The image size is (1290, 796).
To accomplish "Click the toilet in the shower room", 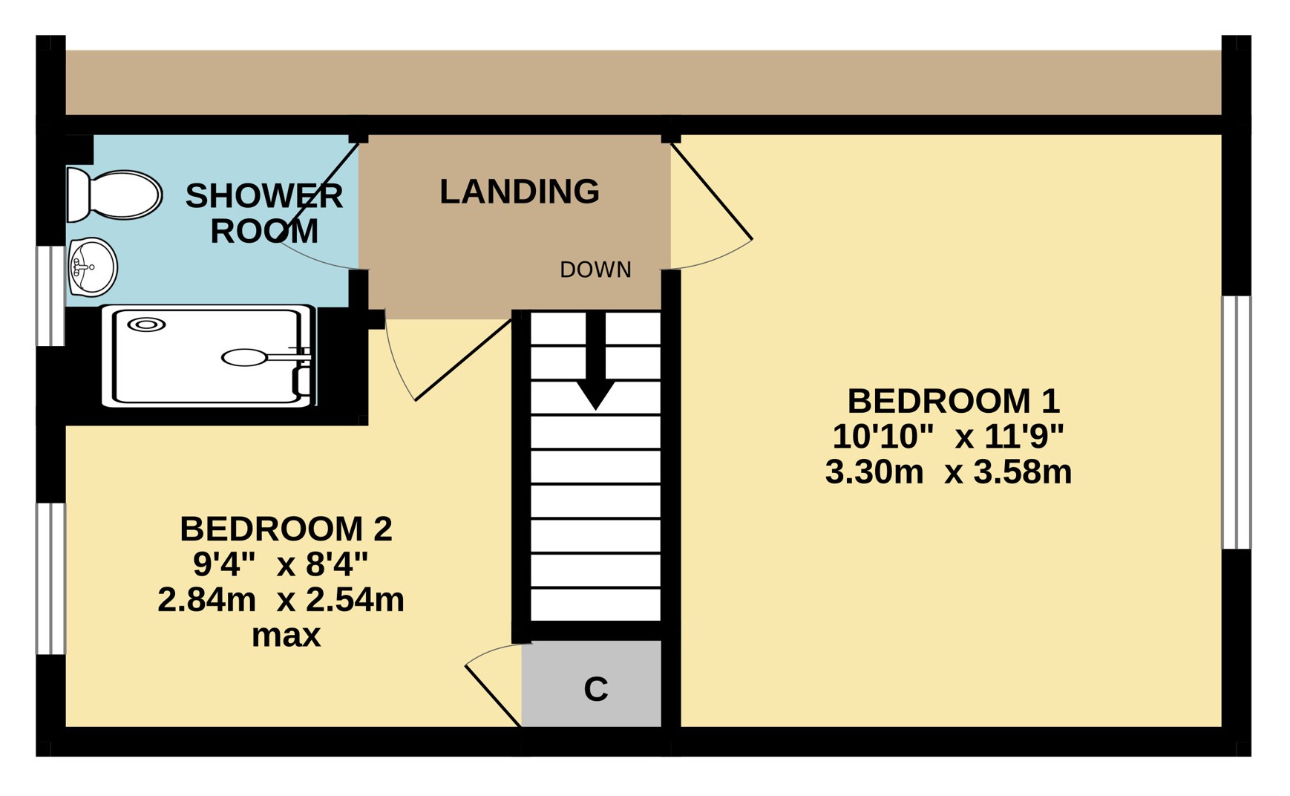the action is point(114,195).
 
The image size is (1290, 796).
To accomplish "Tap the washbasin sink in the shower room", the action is point(93,267).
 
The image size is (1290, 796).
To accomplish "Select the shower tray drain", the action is point(146,324).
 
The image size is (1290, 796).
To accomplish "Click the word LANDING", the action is point(520,192).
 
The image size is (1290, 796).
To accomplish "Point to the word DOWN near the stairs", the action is point(596,270).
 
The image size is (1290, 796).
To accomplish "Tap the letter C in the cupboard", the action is point(596,690).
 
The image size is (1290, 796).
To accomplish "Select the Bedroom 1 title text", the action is point(953,402).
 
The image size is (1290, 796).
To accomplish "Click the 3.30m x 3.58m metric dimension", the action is point(949,472).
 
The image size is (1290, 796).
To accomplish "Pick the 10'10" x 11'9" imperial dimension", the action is point(948,437).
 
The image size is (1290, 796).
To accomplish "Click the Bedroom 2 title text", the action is point(286,529).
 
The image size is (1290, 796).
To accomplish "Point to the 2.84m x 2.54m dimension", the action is point(281,600).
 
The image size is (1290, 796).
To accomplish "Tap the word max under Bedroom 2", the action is point(286,636).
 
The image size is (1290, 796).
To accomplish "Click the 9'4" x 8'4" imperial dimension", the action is point(281,565).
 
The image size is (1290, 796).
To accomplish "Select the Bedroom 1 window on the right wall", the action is point(1237,423).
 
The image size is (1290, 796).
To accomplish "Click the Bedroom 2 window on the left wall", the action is point(51,579).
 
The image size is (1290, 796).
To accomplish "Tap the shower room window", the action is point(51,296).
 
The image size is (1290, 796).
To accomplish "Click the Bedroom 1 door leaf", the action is point(712,192).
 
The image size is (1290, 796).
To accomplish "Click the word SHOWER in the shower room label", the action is point(264,196).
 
